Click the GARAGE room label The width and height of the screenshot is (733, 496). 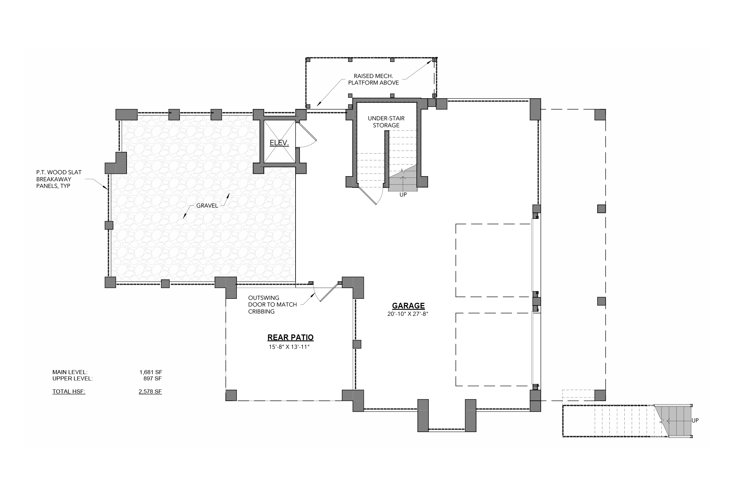tap(408, 306)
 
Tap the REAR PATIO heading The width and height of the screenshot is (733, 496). tap(291, 337)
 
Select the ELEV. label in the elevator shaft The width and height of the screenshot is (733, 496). tap(279, 143)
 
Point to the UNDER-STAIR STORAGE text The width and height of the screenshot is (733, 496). tap(386, 122)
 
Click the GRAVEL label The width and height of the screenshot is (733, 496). tap(207, 206)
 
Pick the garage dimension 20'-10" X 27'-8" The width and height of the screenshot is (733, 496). tap(407, 313)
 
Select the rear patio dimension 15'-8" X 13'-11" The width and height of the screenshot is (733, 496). tap(290, 347)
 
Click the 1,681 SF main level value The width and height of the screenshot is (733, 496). tap(151, 372)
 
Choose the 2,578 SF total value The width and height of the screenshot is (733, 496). tap(150, 391)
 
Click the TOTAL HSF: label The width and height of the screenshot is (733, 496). tap(69, 391)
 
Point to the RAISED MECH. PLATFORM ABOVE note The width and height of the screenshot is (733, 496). tap(373, 79)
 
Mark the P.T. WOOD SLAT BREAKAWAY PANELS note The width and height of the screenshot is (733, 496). tap(59, 179)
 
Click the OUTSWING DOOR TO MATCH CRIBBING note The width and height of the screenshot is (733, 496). tap(273, 304)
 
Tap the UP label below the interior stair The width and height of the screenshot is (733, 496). tap(403, 195)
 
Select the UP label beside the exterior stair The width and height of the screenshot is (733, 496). tap(695, 421)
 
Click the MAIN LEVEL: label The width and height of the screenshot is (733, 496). tap(70, 372)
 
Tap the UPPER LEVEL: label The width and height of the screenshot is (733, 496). tap(72, 378)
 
